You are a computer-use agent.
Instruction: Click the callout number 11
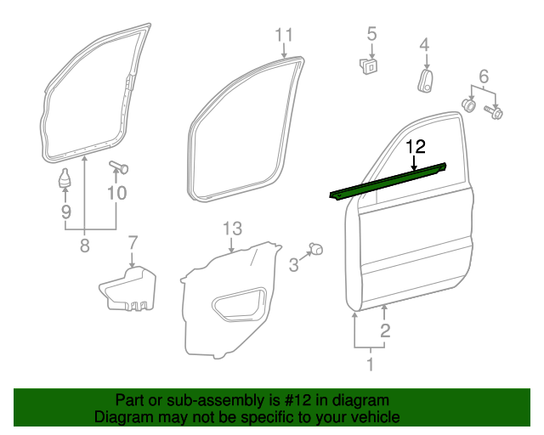click(284, 35)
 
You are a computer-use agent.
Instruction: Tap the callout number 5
click(371, 34)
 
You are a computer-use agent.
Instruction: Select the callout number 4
click(424, 45)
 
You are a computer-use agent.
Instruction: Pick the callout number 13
click(232, 229)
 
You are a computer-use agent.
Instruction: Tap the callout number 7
click(132, 244)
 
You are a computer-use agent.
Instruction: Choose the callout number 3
click(293, 265)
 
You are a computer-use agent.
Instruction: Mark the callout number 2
click(385, 330)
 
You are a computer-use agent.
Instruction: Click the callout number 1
click(370, 365)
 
